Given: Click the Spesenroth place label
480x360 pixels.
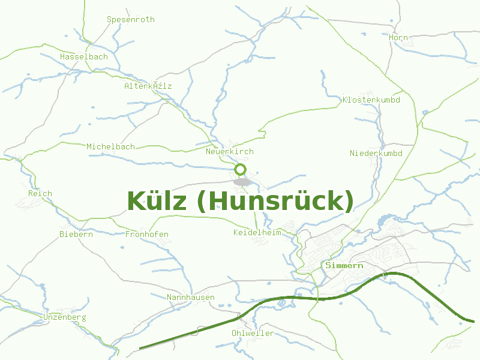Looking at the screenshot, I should click(x=131, y=19).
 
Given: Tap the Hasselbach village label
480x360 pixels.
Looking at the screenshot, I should click(x=84, y=56).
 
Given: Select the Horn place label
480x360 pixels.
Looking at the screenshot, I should click(x=398, y=37).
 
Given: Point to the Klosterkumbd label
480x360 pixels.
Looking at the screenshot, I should click(x=371, y=100).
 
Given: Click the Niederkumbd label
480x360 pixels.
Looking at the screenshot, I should click(x=376, y=153).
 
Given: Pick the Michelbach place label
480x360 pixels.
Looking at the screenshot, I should click(x=110, y=146).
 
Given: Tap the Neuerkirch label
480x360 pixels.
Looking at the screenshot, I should click(x=230, y=152).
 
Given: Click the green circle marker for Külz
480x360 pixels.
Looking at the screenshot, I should click(x=241, y=169).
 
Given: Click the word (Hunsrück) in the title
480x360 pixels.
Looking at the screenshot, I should click(x=275, y=201).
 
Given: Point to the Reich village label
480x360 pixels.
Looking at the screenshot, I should click(x=40, y=193).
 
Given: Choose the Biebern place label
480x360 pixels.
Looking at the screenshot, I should click(x=76, y=234).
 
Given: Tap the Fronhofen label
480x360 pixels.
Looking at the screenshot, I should click(x=147, y=234).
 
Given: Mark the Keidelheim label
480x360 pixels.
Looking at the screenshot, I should click(x=257, y=232).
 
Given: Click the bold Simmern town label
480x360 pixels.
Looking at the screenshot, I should click(x=344, y=265).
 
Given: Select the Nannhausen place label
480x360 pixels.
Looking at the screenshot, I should click(x=191, y=297).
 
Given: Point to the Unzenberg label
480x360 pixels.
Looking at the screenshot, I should click(x=65, y=317).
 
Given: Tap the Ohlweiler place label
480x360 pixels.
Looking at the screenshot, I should click(x=253, y=333).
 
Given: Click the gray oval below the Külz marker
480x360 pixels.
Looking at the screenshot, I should click(x=242, y=181).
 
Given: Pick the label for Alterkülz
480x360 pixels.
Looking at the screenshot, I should click(x=148, y=86).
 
